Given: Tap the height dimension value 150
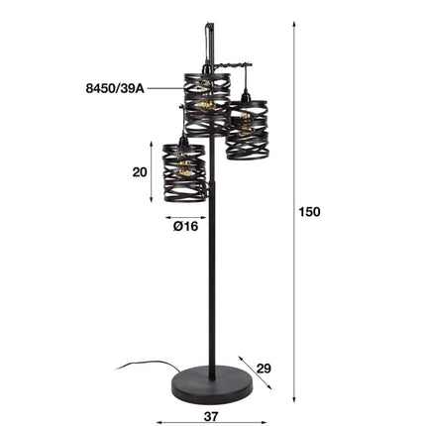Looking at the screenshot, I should pos(310,210).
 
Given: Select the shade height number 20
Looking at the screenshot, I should pos(139,171).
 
